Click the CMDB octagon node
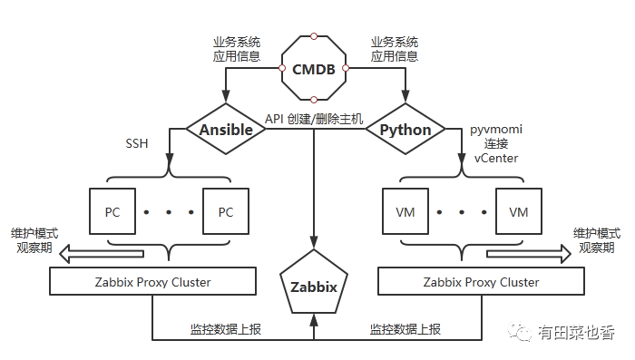pyautogui.click(x=313, y=69)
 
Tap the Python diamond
pyautogui.click(x=405, y=130)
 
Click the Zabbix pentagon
pyautogui.click(x=313, y=285)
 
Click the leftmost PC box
pyautogui.click(x=112, y=212)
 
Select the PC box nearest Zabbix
pyautogui.click(x=225, y=212)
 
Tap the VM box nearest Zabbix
pyautogui.click(x=405, y=212)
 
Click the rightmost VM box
pyautogui.click(x=518, y=212)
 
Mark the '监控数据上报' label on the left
pyautogui.click(x=224, y=329)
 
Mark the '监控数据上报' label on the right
pyautogui.click(x=405, y=329)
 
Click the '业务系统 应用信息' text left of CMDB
pyautogui.click(x=238, y=49)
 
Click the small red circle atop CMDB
pyautogui.click(x=313, y=36)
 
